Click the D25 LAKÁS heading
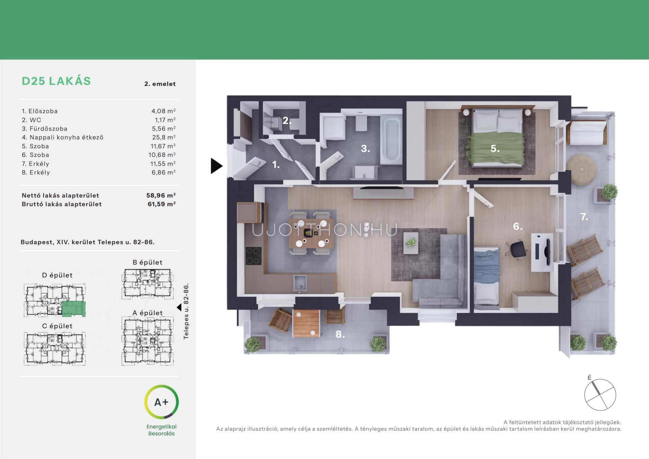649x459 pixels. click(x=56, y=81)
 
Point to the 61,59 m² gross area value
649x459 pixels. click(x=162, y=204)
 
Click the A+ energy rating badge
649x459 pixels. click(x=161, y=402)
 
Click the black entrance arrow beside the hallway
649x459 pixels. click(x=217, y=166)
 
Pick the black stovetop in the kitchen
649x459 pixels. click(x=254, y=256)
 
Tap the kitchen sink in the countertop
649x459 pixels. click(x=300, y=283)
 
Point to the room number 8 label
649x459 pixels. click(x=340, y=334)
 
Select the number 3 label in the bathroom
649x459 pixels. click(x=365, y=149)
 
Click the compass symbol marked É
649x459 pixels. click(x=600, y=394)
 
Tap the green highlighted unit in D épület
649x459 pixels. click(x=74, y=309)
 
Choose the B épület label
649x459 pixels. click(x=147, y=262)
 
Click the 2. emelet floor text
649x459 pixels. click(x=160, y=84)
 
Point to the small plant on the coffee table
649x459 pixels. click(x=411, y=242)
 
